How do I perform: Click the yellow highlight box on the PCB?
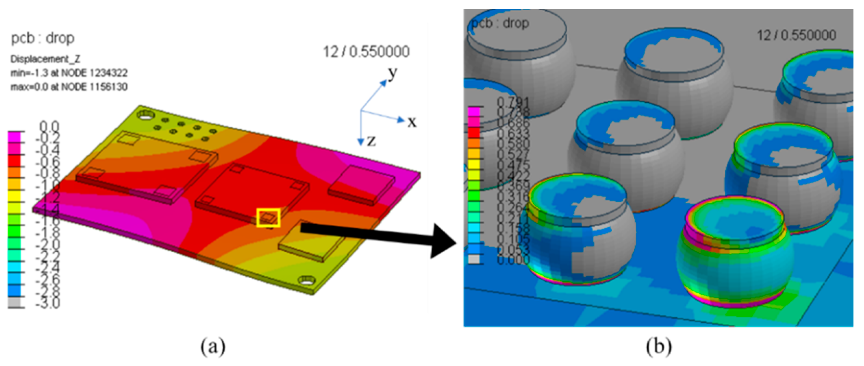pyautogui.click(x=268, y=217)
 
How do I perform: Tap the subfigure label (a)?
pyautogui.click(x=213, y=346)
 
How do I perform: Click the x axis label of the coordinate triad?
pyautogui.click(x=412, y=122)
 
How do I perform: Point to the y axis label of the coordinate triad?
pyautogui.click(x=393, y=73)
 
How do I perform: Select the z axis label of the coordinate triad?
pyautogui.click(x=371, y=140)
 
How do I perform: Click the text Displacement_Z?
pyautogui.click(x=45, y=59)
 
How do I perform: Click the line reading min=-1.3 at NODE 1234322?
pyautogui.click(x=69, y=73)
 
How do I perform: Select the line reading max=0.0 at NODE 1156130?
pyautogui.click(x=69, y=87)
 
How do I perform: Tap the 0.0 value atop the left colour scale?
pyautogui.click(x=49, y=126)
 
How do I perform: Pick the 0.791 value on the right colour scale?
pyautogui.click(x=513, y=102)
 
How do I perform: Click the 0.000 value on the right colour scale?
pyautogui.click(x=513, y=260)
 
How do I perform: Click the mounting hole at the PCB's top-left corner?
pyautogui.click(x=146, y=115)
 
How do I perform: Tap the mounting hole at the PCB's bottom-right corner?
pyautogui.click(x=307, y=281)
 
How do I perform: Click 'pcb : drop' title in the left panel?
pyautogui.click(x=42, y=38)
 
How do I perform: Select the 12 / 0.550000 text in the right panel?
pyautogui.click(x=796, y=35)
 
